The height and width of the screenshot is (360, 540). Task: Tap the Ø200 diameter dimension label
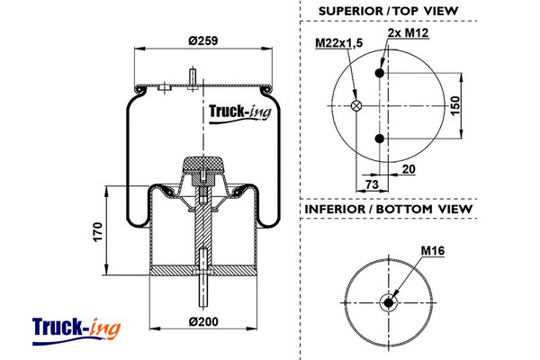tap(203, 321)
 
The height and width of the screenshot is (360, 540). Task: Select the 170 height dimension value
tap(98, 231)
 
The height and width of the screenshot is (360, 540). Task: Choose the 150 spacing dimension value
tap(455, 105)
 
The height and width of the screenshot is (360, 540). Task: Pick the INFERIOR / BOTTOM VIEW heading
tap(388, 209)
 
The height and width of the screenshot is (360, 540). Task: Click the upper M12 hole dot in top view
tap(381, 74)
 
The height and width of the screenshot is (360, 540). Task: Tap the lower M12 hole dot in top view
tap(381, 138)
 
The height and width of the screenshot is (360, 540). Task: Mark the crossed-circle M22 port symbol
tap(355, 106)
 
